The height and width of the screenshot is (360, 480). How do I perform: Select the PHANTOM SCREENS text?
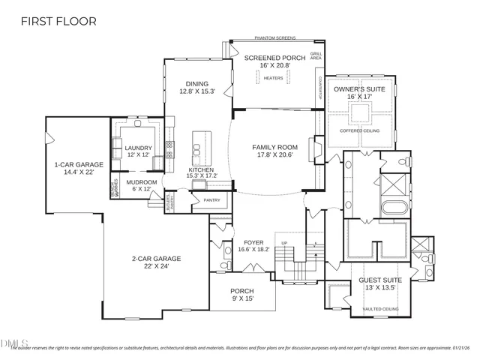274,37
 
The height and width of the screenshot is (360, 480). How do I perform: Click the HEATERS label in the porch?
274,78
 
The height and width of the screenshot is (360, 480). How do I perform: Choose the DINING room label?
197,83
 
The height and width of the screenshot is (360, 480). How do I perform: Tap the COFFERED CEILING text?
359,130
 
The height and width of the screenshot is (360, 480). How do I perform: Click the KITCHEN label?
201,169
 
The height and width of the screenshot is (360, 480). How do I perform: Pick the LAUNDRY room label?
139,148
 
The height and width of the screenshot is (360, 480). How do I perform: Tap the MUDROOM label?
142,182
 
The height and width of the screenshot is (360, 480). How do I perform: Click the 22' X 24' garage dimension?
156,267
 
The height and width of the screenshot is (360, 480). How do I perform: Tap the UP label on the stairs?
283,244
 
